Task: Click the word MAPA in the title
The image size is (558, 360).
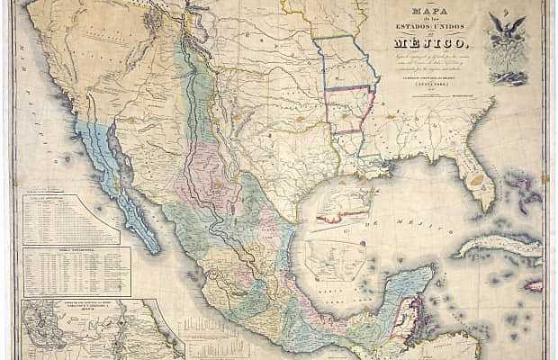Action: pyautogui.click(x=427, y=13)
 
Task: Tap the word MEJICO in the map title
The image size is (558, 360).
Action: pyautogui.click(x=427, y=40)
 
